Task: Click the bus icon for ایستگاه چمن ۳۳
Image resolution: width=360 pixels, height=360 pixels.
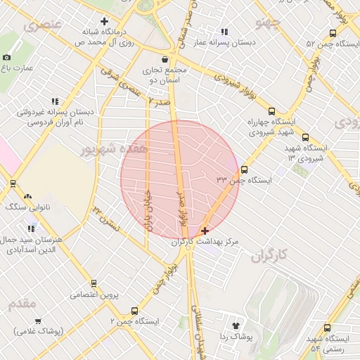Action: click(x=244, y=169)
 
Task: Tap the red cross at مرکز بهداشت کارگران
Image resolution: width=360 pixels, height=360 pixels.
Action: click(x=205, y=231)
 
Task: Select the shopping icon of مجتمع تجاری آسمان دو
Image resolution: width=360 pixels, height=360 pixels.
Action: click(x=165, y=59)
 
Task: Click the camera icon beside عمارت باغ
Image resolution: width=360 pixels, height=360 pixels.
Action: click(x=6, y=57)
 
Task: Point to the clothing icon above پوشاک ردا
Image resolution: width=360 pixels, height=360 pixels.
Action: click(x=236, y=326)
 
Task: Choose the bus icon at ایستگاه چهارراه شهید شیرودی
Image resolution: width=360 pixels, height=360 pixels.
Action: click(x=271, y=110)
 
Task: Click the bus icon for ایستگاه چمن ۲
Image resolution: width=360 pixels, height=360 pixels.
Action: click(x=134, y=311)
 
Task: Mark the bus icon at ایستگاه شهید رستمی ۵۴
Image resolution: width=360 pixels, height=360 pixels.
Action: click(x=327, y=328)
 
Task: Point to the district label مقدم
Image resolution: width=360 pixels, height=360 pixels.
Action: click(x=22, y=304)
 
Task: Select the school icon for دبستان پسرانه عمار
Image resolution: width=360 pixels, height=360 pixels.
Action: click(x=224, y=31)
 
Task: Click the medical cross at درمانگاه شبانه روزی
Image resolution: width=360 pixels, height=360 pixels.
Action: click(x=105, y=21)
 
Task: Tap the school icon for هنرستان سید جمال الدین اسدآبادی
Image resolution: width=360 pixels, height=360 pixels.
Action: click(x=31, y=228)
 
